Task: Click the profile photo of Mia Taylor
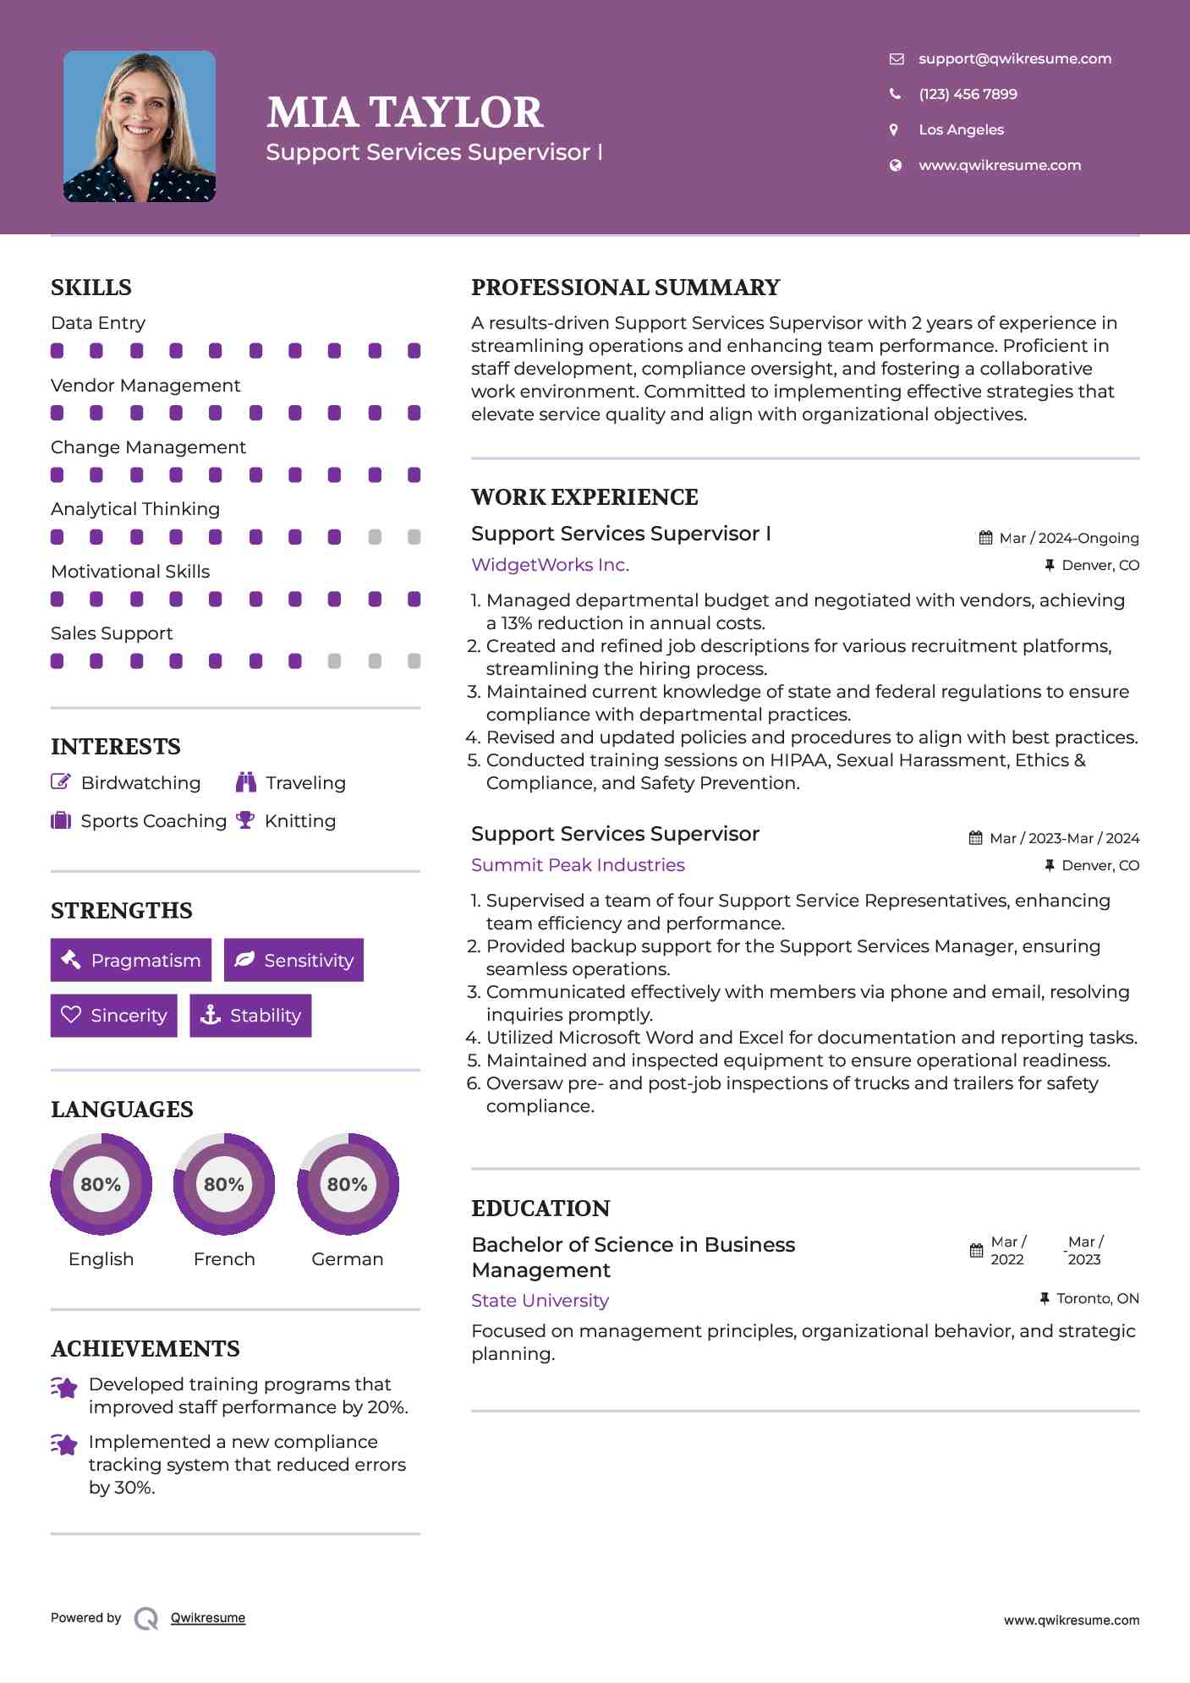coord(140,127)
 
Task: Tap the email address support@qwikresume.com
coord(1014,58)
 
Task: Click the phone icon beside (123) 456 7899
coord(895,94)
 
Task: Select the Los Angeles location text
coord(961,129)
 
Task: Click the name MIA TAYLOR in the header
coord(404,112)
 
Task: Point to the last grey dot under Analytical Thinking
coord(414,537)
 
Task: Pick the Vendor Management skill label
coord(145,386)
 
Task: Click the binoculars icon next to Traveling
coord(245,782)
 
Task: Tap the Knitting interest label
coord(299,821)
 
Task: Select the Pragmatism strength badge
coord(131,960)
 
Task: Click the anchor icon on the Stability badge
coord(210,1015)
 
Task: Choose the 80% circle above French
coord(224,1184)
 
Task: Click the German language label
coord(347,1259)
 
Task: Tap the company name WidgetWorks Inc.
coord(550,565)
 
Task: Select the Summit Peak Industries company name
coord(578,865)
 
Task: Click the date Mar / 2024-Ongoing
coord(1068,538)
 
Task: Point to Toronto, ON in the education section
coord(1097,1298)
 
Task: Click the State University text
coord(540,1301)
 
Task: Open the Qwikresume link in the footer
coord(208,1618)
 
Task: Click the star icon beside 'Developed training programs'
coord(64,1388)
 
